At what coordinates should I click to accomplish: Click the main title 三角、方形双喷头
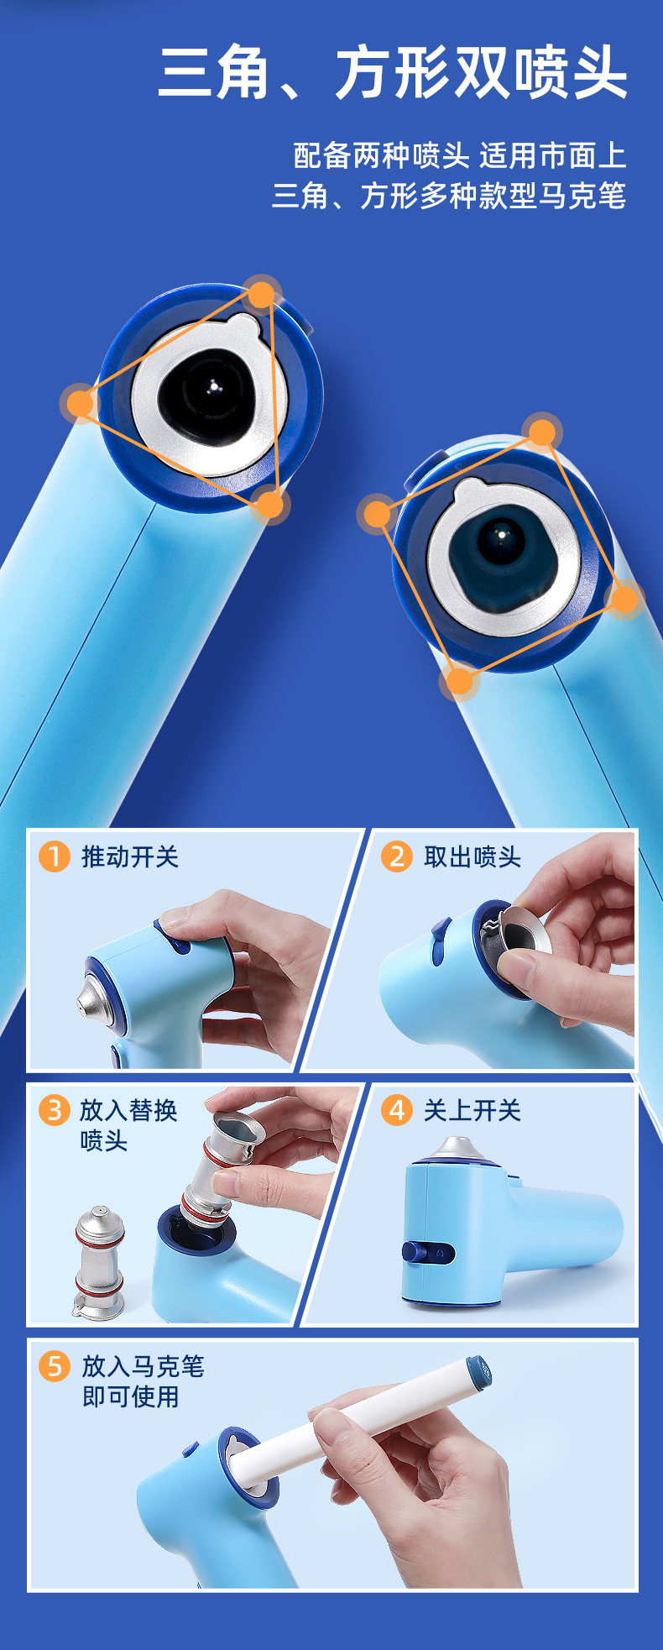click(393, 73)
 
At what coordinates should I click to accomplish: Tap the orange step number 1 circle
click(54, 856)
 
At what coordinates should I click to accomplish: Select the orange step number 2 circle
click(397, 856)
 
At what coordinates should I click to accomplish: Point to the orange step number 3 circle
click(54, 1110)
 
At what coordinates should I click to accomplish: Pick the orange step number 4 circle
click(397, 1110)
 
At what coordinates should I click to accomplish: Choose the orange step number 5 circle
click(54, 1366)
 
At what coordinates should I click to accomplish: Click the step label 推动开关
click(130, 856)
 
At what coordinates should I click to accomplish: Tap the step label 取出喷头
click(472, 856)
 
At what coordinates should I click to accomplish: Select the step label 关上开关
click(472, 1110)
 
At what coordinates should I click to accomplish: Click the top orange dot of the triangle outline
click(262, 295)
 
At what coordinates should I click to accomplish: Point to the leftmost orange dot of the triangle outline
click(81, 403)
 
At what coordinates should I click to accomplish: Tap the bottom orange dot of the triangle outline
click(269, 504)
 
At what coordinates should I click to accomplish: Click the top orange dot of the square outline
click(542, 432)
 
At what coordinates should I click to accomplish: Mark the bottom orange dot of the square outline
click(459, 680)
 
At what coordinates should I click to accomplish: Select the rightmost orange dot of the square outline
click(624, 599)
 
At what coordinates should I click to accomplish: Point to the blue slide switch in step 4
click(428, 1253)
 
